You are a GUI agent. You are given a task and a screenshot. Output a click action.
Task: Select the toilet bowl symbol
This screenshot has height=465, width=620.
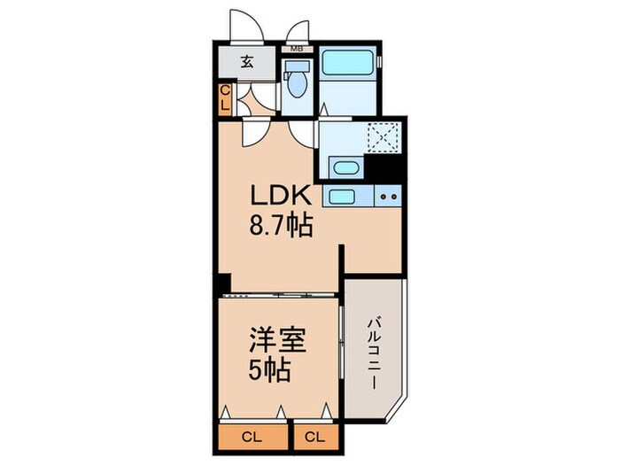(x=297, y=81)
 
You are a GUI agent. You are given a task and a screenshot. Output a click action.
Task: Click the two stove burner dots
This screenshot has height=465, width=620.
(x=386, y=196)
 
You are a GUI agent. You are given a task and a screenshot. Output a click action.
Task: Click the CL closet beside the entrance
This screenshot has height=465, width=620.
(x=225, y=97)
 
